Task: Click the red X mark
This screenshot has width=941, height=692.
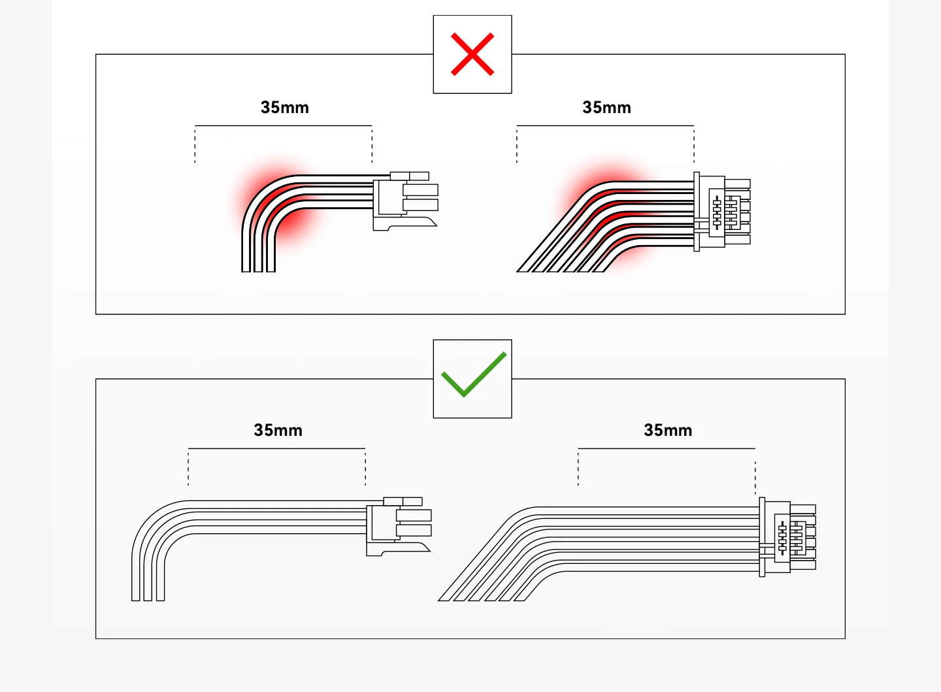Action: pos(472,55)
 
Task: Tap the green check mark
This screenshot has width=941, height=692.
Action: pos(474,376)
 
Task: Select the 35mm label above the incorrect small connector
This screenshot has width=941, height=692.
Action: pos(284,108)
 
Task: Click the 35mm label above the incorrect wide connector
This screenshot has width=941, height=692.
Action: pos(606,108)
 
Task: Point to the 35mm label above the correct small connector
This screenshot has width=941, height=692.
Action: pos(278,431)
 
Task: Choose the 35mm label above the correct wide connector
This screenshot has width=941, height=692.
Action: pos(667,431)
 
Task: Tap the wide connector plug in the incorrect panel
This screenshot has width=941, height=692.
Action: pos(721,211)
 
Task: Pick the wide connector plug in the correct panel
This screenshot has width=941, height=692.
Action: pos(787,537)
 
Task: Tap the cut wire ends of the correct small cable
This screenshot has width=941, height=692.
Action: pos(148,597)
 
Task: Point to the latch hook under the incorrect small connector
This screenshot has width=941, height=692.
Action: pos(412,223)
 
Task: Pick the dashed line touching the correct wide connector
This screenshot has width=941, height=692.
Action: pos(755,477)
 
